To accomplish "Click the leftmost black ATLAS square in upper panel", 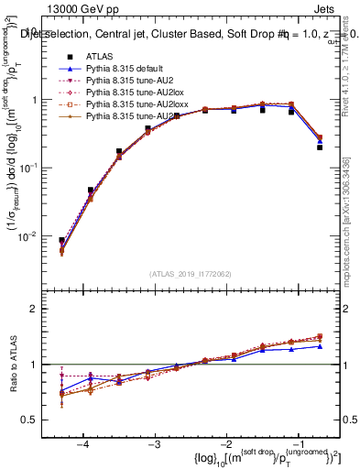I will coord(61,241).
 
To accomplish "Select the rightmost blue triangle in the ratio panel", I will coord(320,346).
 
